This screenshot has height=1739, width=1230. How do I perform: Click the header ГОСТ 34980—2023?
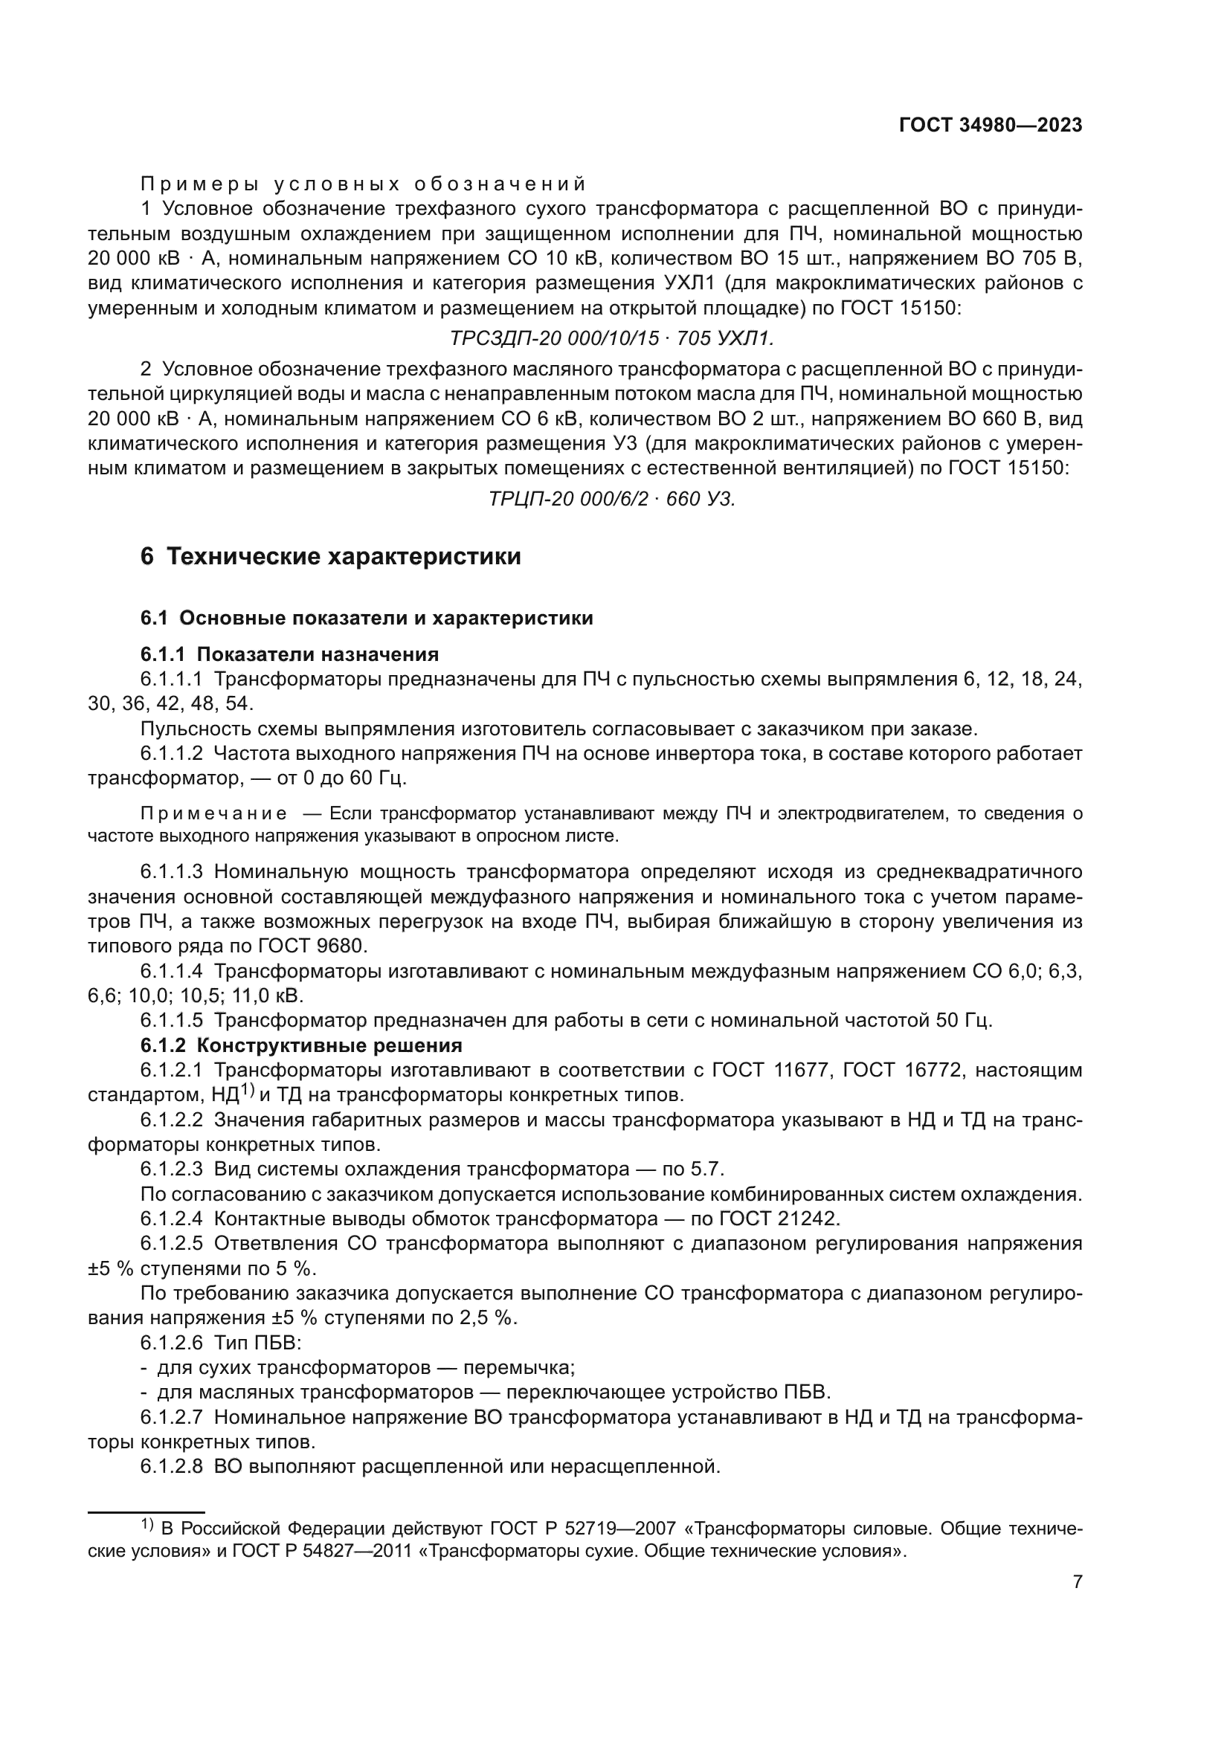pos(990,125)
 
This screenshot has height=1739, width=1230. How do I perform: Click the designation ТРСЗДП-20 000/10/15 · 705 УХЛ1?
pos(612,338)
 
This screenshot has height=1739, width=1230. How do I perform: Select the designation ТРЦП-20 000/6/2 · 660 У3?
pos(612,499)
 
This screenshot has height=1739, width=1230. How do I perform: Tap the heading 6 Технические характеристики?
pos(331,557)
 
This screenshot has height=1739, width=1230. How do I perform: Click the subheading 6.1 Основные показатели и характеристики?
pos(367,618)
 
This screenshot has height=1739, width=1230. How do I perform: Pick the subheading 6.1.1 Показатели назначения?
pos(289,654)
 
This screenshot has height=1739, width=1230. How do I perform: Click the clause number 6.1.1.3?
pos(172,872)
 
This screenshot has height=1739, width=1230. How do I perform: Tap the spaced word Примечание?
pos(214,814)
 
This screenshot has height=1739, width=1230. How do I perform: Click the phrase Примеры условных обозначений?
pos(364,184)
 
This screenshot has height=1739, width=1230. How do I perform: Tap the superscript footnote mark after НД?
pos(248,1091)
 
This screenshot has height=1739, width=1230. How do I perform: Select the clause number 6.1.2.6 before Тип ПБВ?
pos(172,1343)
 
